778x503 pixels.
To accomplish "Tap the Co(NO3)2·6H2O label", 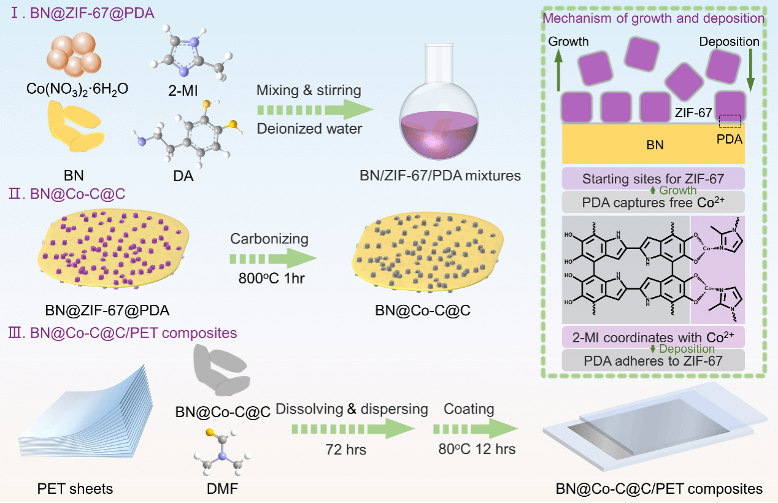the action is pyautogui.click(x=77, y=90).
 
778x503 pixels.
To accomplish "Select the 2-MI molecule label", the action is pyautogui.click(x=183, y=91).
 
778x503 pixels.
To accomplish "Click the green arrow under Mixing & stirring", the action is pyautogui.click(x=315, y=110).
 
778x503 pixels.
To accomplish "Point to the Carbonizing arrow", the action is pyautogui.click(x=273, y=258).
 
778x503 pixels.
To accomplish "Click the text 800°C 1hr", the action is pyautogui.click(x=271, y=278).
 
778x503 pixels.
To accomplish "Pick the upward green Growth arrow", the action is pyautogui.click(x=558, y=70).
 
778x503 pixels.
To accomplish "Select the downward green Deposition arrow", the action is pyautogui.click(x=750, y=70).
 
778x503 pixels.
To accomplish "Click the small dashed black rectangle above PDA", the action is pyautogui.click(x=730, y=121).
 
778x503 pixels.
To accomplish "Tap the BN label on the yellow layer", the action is pyautogui.click(x=655, y=145).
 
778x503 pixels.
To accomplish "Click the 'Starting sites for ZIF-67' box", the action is pyautogui.click(x=653, y=179).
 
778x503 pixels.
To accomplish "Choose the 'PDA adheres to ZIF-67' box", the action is pyautogui.click(x=653, y=361).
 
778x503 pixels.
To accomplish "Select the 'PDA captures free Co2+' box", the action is pyautogui.click(x=653, y=202).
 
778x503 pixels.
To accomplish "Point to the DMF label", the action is pyautogui.click(x=222, y=489).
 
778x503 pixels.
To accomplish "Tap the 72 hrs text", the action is pyautogui.click(x=346, y=450).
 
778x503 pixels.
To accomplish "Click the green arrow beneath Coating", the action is pyautogui.click(x=476, y=429).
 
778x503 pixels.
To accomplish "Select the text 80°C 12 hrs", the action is pyautogui.click(x=477, y=449).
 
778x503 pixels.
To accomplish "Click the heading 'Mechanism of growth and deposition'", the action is pyautogui.click(x=653, y=18).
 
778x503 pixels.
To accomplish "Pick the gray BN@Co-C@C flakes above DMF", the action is pyautogui.click(x=221, y=370).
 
